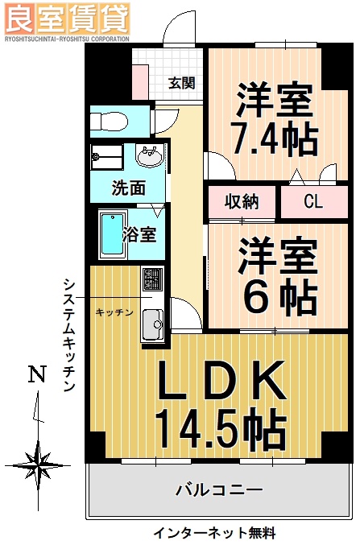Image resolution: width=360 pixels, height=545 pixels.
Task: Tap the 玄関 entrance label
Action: coord(182,82)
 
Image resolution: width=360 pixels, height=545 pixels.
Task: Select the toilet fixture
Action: coord(109,122)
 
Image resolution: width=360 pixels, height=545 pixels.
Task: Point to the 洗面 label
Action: coord(128,189)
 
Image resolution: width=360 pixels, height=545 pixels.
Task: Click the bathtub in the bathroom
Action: coord(110,235)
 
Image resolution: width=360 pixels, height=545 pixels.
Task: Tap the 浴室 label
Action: coord(139,235)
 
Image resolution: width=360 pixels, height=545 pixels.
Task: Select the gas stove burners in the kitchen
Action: coord(151,279)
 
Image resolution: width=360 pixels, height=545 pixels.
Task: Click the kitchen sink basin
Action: coord(151,326)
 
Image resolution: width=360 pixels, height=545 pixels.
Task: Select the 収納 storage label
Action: coord(241,201)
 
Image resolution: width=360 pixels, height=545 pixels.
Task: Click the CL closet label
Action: coord(312,201)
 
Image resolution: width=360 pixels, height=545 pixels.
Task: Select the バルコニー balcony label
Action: coord(219,488)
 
